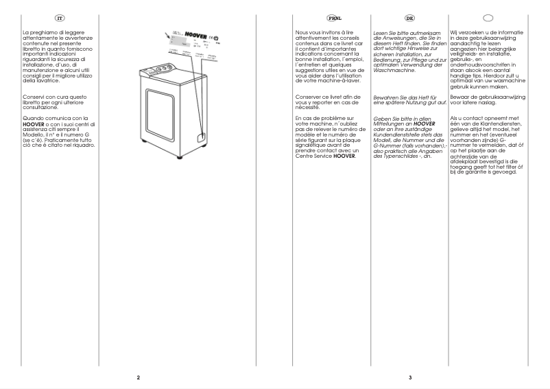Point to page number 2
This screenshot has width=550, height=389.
pos(138,377)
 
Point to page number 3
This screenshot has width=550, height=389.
pos(409,377)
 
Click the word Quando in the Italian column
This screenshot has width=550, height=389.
pos(33,119)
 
